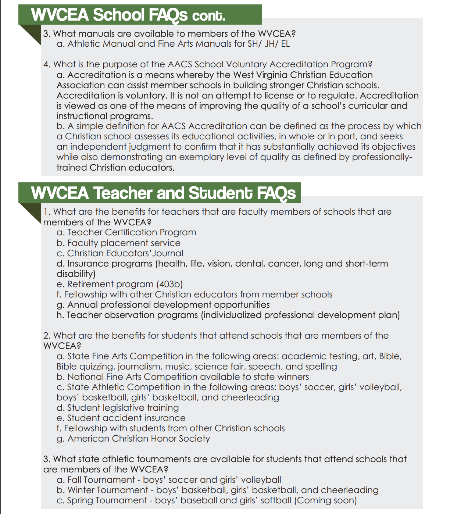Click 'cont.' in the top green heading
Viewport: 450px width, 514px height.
click(x=208, y=15)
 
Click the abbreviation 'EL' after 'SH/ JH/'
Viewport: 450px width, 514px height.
click(x=285, y=44)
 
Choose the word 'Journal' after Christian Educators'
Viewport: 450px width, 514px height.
click(x=168, y=253)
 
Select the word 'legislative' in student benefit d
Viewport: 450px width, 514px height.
click(x=123, y=408)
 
